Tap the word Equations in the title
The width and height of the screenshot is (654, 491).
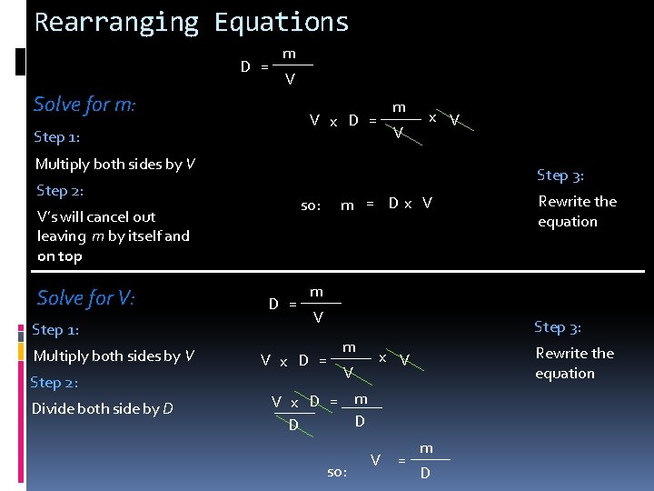pyautogui.click(x=281, y=22)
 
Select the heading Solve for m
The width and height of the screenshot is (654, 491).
pyautogui.click(x=84, y=105)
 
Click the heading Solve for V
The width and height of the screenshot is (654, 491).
pyautogui.click(x=85, y=297)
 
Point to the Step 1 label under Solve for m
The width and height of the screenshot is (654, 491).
pyautogui.click(x=57, y=137)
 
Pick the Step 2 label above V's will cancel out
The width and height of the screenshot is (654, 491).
pyautogui.click(x=60, y=190)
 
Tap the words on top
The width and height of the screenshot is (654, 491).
pyautogui.click(x=59, y=256)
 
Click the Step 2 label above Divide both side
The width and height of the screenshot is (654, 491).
pyautogui.click(x=54, y=382)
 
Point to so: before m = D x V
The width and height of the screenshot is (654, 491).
pyautogui.click(x=311, y=205)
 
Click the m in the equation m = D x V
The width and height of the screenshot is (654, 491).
pyautogui.click(x=347, y=205)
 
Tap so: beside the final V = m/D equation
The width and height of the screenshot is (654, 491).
pyautogui.click(x=337, y=472)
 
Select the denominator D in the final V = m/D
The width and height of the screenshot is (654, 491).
pyautogui.click(x=425, y=474)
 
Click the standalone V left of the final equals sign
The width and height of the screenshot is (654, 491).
pyautogui.click(x=375, y=460)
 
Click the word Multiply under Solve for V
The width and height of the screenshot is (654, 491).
pyautogui.click(x=61, y=356)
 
